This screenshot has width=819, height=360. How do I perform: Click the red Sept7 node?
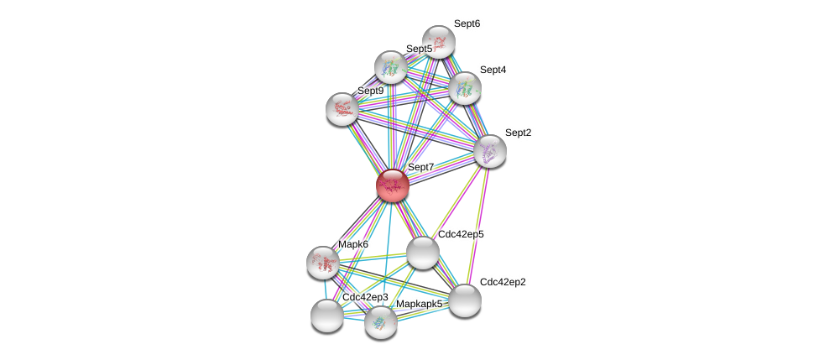(392, 185)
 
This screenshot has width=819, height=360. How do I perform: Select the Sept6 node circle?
(438, 41)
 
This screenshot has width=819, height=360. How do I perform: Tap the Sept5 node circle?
(390, 67)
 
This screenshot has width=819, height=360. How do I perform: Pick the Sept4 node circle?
(464, 88)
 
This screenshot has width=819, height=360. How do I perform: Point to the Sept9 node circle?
(342, 108)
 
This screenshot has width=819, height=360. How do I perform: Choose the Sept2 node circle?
(489, 151)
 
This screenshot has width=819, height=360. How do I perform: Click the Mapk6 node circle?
(323, 263)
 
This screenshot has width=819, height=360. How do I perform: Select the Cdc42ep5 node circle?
(422, 252)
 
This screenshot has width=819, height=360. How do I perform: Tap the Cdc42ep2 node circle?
(464, 300)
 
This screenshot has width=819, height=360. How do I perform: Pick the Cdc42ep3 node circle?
(326, 316)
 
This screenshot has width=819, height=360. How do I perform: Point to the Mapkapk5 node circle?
(380, 321)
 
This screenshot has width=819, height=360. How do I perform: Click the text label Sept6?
(467, 23)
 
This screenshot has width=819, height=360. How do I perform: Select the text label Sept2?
(518, 133)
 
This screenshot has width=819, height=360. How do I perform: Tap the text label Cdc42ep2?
(503, 282)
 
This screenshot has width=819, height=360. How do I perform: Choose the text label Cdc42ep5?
(461, 234)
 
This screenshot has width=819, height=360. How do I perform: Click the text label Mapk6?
(353, 244)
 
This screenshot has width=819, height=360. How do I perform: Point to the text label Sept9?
(370, 91)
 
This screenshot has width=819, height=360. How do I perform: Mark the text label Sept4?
(493, 70)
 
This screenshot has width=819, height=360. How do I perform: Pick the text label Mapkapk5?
(419, 304)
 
